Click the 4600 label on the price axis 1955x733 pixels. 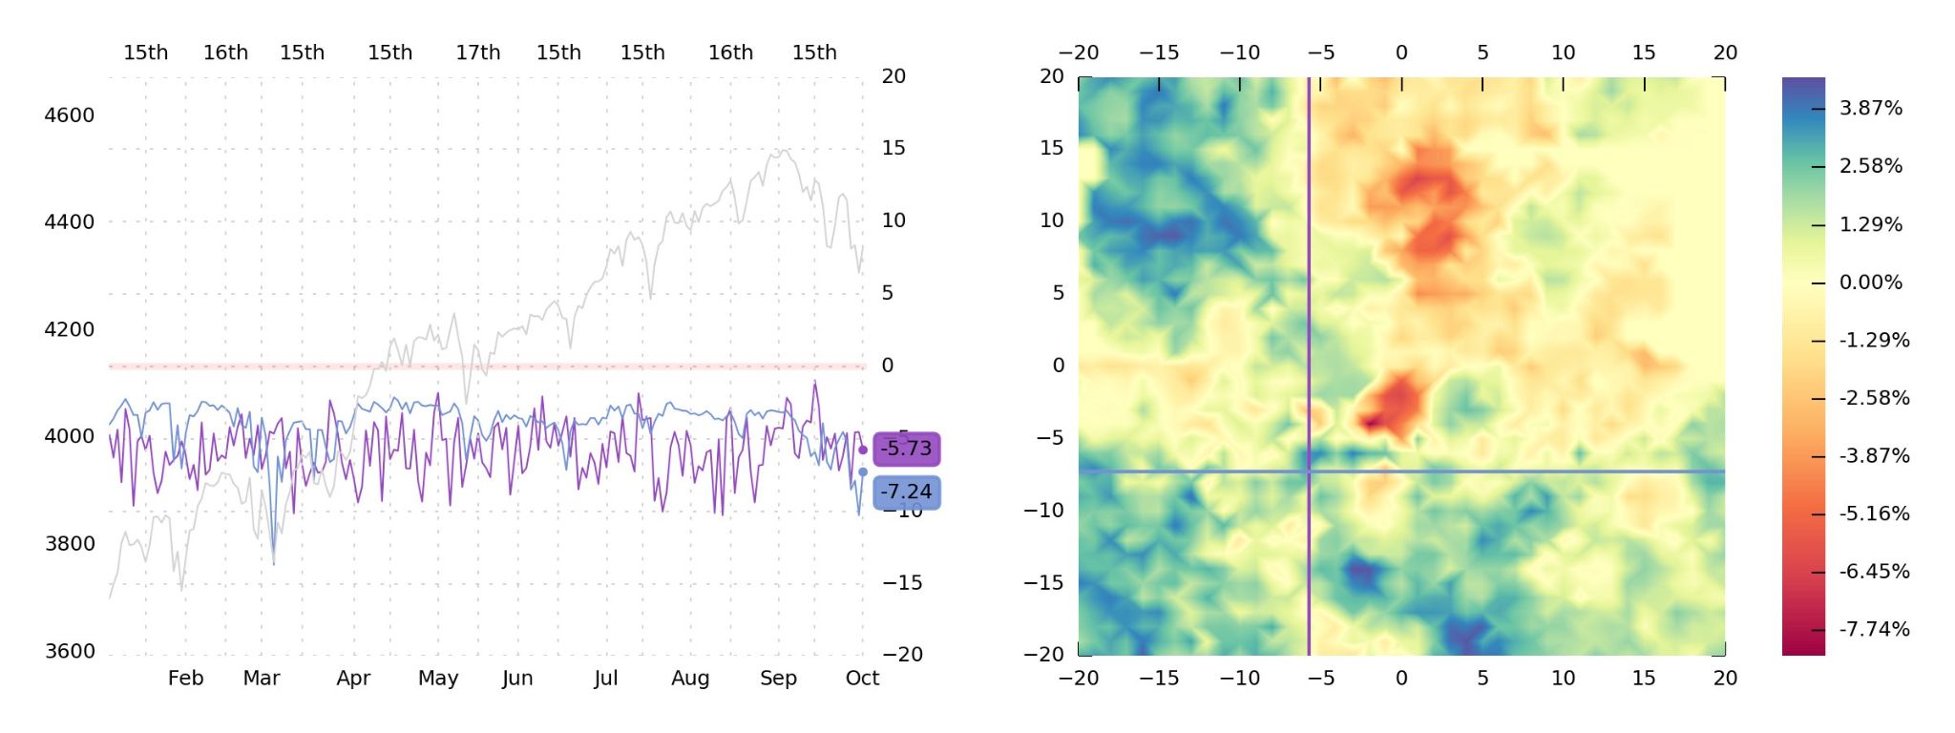(x=70, y=115)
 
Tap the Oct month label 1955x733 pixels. (x=862, y=678)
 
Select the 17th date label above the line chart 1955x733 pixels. (x=477, y=52)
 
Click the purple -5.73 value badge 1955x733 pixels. (x=906, y=449)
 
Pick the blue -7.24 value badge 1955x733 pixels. (x=906, y=492)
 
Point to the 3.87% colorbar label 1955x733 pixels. (x=1870, y=108)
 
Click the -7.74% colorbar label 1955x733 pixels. (x=1874, y=629)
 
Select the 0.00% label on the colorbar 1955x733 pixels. (x=1870, y=283)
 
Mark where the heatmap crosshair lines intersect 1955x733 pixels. (x=1309, y=471)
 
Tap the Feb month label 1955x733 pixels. (x=185, y=678)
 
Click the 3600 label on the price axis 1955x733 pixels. (x=70, y=651)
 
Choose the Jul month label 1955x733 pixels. (x=605, y=678)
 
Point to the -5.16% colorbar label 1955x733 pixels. (x=1874, y=513)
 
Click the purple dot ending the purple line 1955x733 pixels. (x=863, y=450)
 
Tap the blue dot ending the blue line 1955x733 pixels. (x=863, y=471)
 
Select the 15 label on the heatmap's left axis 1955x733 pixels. (x=1051, y=148)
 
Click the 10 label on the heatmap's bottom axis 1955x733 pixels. (x=1563, y=678)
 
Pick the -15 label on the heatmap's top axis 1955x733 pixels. (x=1159, y=52)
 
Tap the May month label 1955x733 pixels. (x=438, y=678)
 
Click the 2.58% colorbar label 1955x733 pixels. (x=1870, y=166)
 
